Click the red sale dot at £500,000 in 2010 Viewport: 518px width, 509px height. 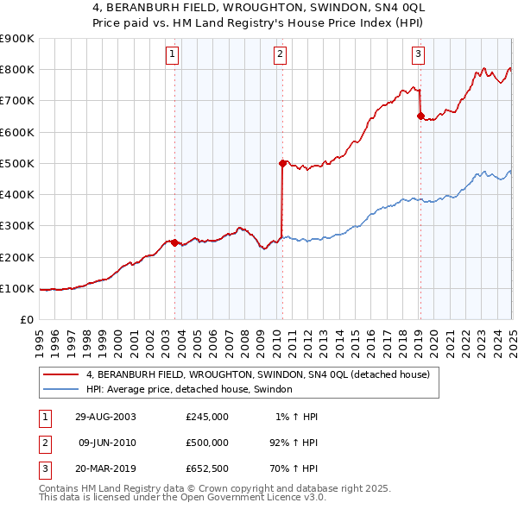pos(282,162)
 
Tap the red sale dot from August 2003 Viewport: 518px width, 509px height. pos(175,242)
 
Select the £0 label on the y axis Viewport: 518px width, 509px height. pos(26,319)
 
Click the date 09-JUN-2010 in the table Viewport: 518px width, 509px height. pos(108,442)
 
